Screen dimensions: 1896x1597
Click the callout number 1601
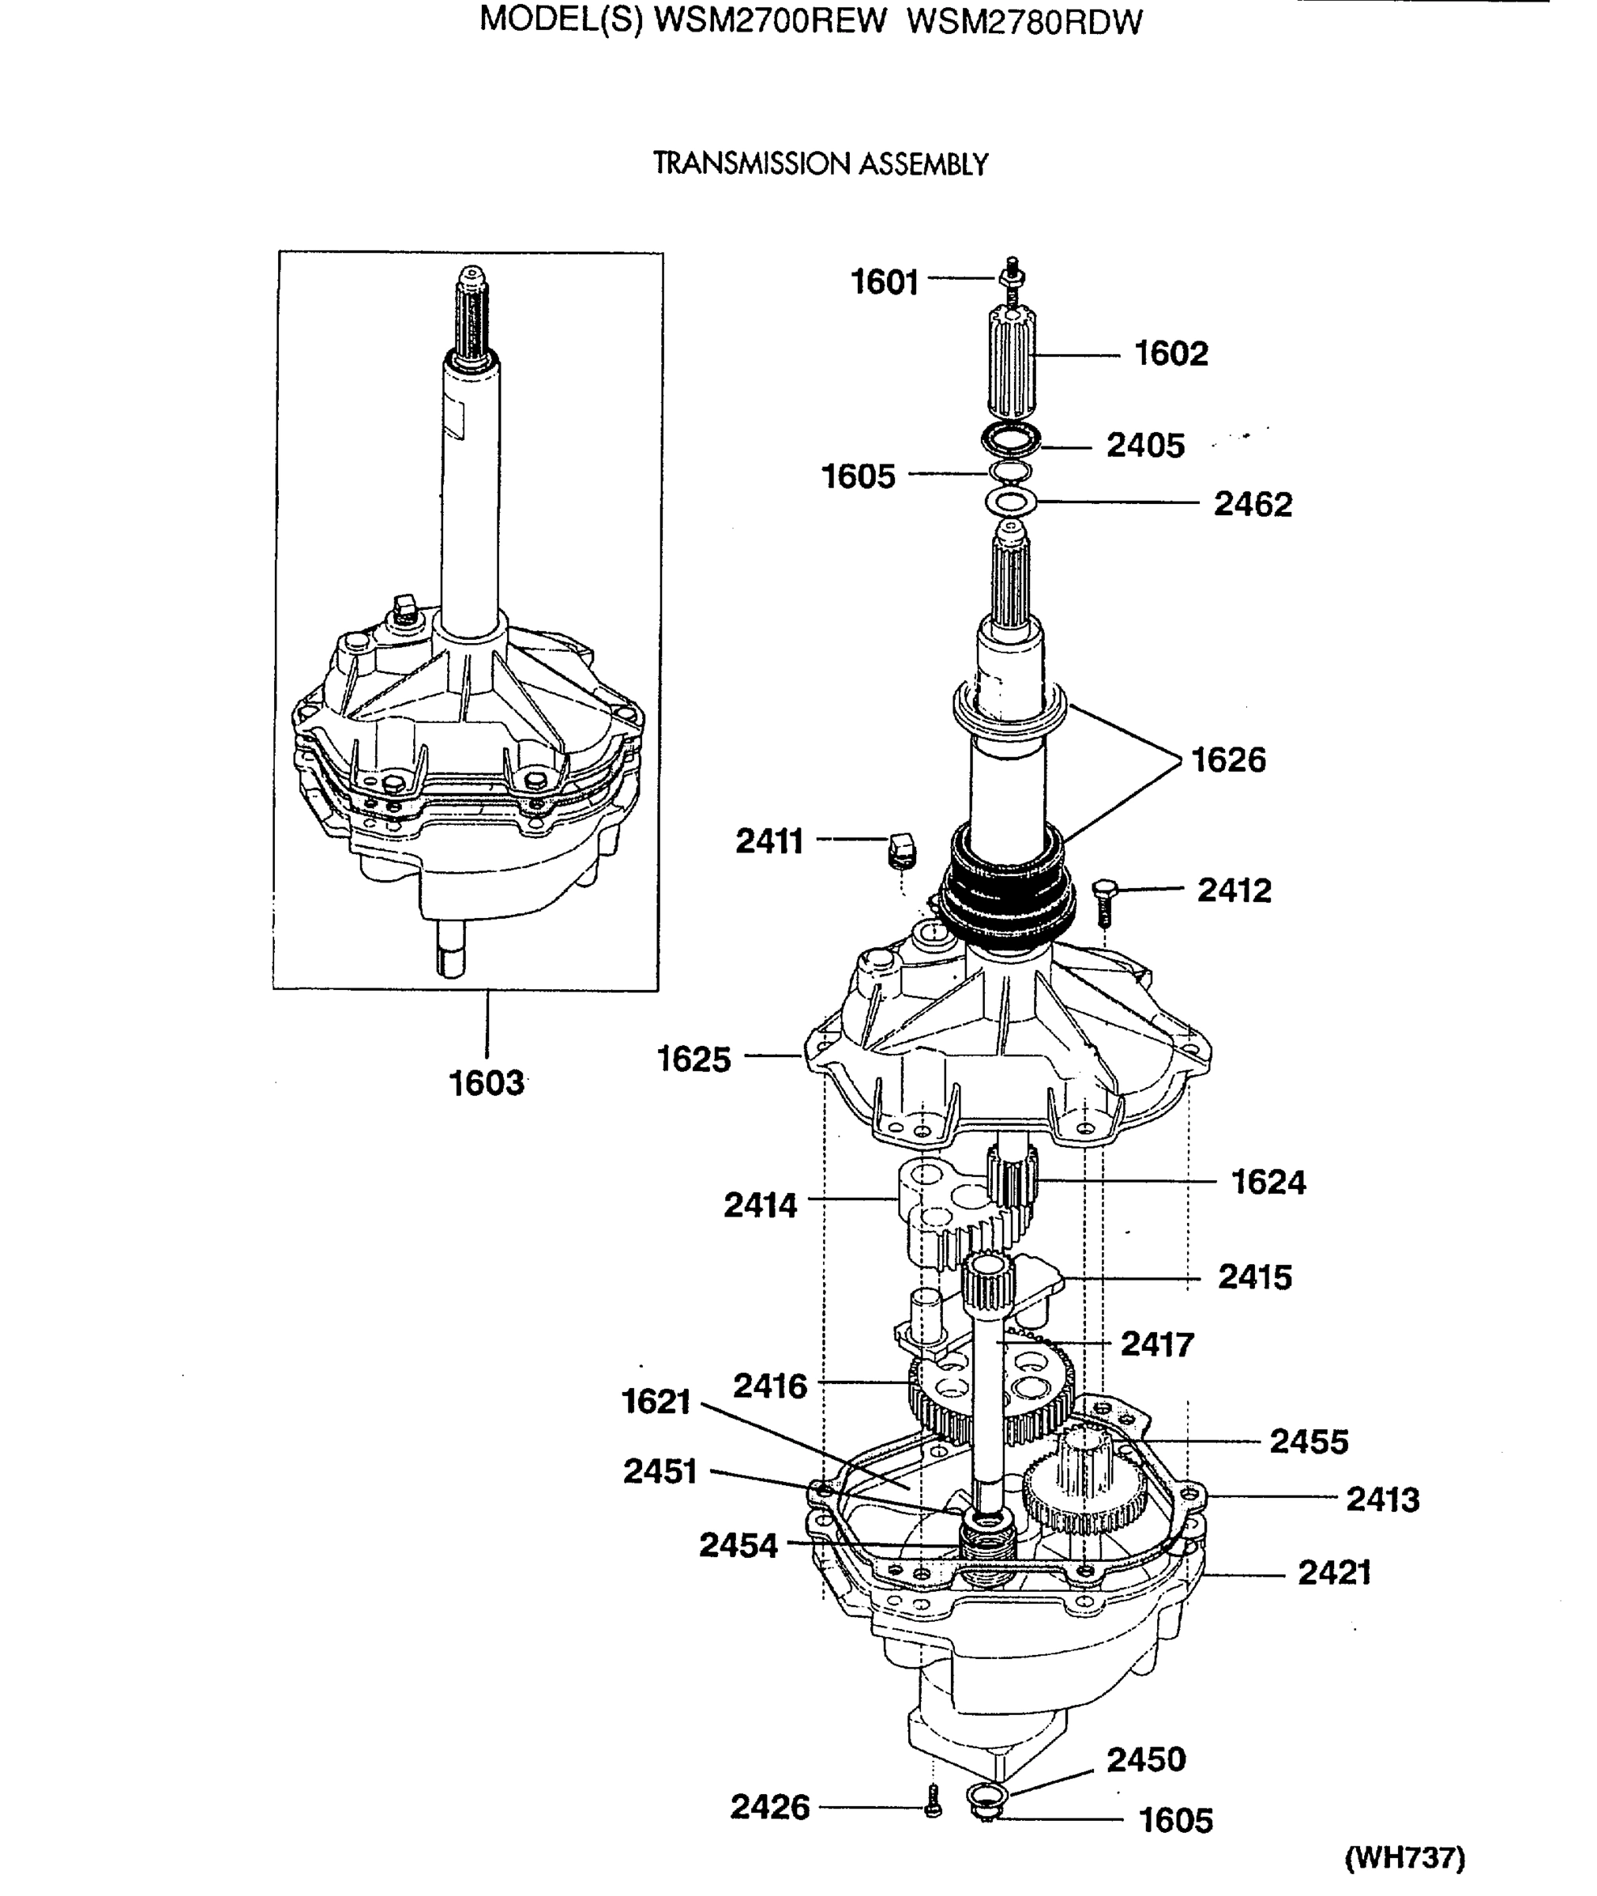point(885,283)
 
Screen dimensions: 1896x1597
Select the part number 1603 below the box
point(487,1084)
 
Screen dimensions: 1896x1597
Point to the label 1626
point(1227,760)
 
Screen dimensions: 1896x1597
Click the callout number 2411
point(769,841)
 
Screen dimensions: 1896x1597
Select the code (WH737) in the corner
point(1404,1858)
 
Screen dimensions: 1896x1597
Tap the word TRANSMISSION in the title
point(751,164)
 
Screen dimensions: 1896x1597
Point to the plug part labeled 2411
point(900,849)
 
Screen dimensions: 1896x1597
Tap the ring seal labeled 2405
point(1010,440)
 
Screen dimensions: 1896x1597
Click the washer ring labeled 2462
point(1009,501)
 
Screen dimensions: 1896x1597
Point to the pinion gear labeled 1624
point(1013,1182)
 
